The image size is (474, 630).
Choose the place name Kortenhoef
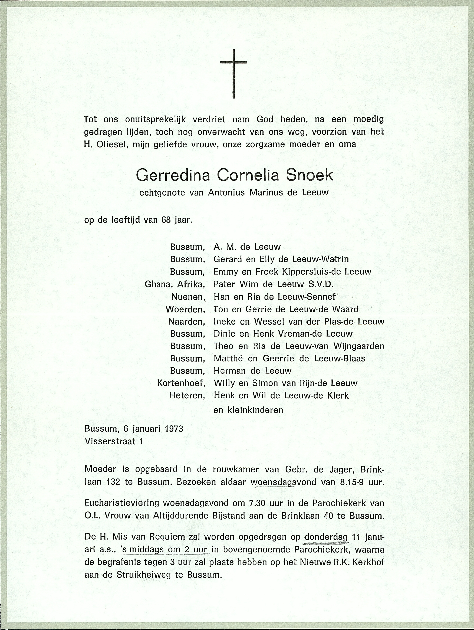tap(181, 383)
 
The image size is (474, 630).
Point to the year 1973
tap(173, 429)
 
